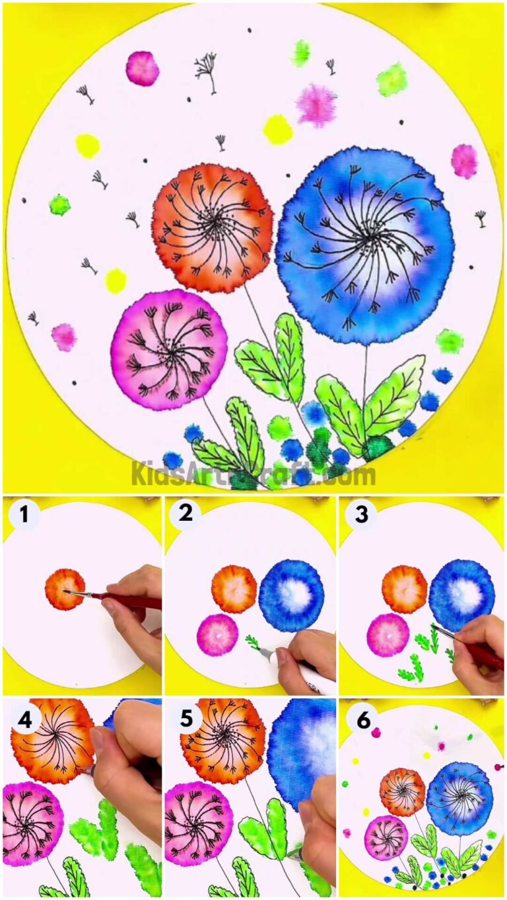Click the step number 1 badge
[24, 514]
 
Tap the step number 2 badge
[186, 514]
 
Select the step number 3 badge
[361, 514]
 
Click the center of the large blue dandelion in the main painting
[365, 236]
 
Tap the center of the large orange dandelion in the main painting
[213, 225]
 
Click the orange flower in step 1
[65, 589]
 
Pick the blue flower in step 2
[292, 595]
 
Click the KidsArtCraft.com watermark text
[253, 473]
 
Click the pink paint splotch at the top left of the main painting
[142, 68]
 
